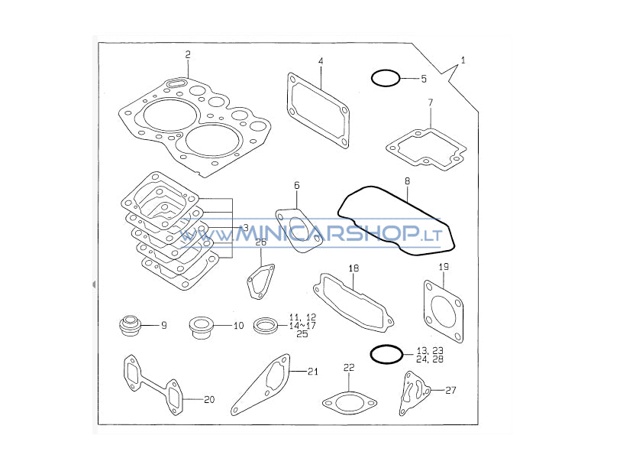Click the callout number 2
click(x=188, y=54)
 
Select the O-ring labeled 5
click(x=386, y=71)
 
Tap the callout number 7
click(x=431, y=102)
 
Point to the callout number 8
click(x=407, y=181)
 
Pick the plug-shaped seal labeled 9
click(x=130, y=325)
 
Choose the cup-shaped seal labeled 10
click(x=201, y=327)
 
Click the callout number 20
click(x=209, y=399)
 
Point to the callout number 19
click(x=444, y=267)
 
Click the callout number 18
click(x=353, y=268)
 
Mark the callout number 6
click(x=297, y=186)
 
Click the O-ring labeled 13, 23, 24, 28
click(x=386, y=346)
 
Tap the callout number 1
click(x=463, y=60)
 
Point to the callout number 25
click(x=302, y=334)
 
